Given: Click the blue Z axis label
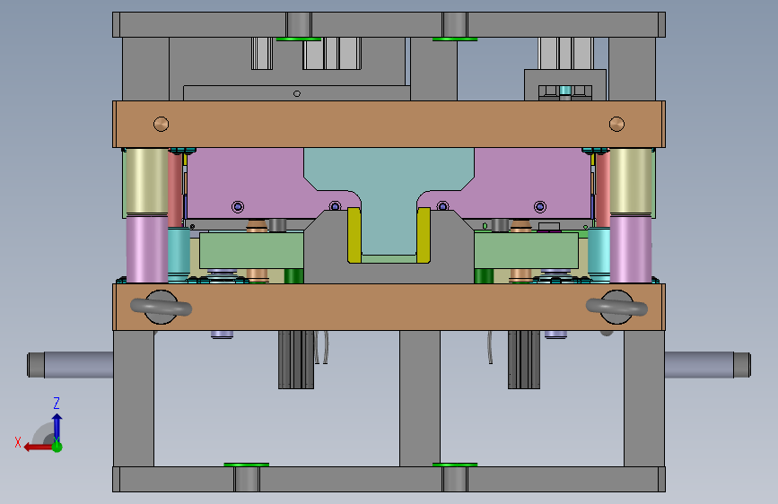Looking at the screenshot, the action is (x=57, y=403).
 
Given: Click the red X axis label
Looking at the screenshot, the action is (x=18, y=442).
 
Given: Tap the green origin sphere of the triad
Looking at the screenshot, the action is (x=57, y=447).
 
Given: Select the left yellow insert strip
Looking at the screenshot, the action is (x=354, y=235).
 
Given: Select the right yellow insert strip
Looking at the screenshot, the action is (x=424, y=235).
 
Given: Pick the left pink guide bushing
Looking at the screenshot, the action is (x=147, y=249).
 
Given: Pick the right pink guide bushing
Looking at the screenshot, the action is (x=631, y=249).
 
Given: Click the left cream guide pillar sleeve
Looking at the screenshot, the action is (x=147, y=181).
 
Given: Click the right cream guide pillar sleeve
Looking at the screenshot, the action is (x=631, y=181).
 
